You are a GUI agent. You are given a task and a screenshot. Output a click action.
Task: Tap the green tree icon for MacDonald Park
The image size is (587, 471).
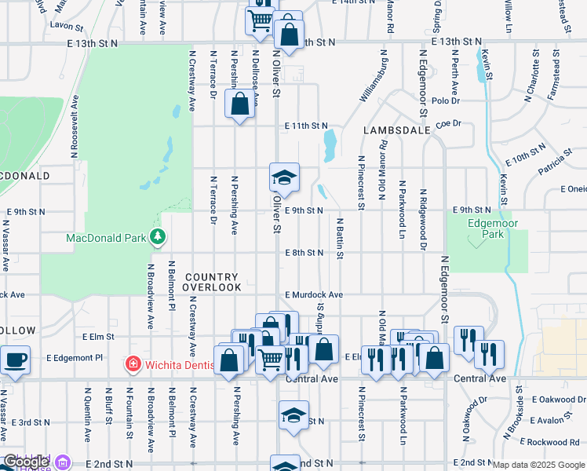159,236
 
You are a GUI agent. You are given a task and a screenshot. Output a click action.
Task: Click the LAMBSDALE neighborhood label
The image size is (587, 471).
397,130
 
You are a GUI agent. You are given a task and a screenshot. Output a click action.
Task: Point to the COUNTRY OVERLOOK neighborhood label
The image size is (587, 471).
213,283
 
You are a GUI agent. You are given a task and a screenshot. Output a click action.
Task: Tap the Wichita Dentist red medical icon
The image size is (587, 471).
133,364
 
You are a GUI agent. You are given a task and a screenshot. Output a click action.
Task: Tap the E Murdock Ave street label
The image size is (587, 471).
314,295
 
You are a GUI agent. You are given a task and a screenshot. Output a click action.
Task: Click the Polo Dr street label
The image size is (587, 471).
445,100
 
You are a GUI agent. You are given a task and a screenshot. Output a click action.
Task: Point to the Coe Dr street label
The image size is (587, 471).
447,123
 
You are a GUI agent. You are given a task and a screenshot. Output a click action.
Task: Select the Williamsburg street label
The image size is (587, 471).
374,78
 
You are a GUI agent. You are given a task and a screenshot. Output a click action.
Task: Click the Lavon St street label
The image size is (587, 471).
60,25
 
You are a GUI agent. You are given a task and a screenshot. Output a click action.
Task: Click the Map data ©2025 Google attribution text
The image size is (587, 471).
538,465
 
